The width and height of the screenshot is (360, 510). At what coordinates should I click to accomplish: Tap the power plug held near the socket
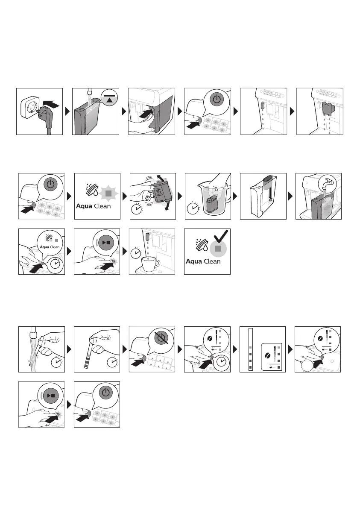(x=40, y=115)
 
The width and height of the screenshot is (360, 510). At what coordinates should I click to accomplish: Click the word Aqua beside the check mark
(x=195, y=262)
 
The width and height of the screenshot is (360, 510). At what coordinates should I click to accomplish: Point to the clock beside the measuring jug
(x=195, y=209)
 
